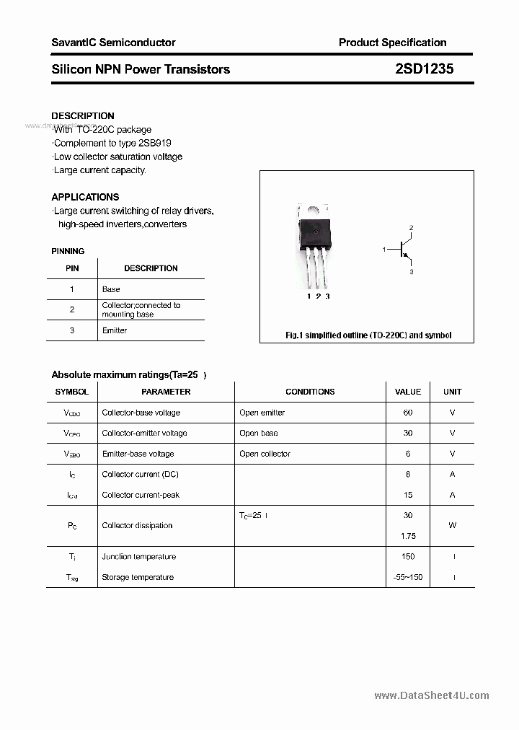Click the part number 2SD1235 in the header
424,69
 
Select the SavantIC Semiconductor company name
113,43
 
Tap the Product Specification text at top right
392,43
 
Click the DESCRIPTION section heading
83,115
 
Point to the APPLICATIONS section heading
85,197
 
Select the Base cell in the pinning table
111,289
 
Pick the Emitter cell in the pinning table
115,330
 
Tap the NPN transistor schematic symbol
404,250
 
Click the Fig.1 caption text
368,335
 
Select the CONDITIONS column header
310,392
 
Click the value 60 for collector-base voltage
408,413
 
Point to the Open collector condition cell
265,454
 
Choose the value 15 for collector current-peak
408,495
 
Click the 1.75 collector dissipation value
408,536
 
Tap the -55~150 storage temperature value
408,577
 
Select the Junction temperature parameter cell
139,556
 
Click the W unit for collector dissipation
452,525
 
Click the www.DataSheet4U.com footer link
432,695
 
